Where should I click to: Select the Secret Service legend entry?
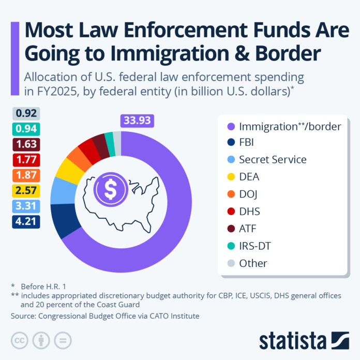[273, 159]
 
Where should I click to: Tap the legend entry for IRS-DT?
[254, 246]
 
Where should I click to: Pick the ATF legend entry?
[248, 229]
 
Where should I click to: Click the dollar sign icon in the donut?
[110, 190]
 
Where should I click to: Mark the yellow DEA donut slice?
[67, 169]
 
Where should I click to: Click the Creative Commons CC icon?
[19, 340]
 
